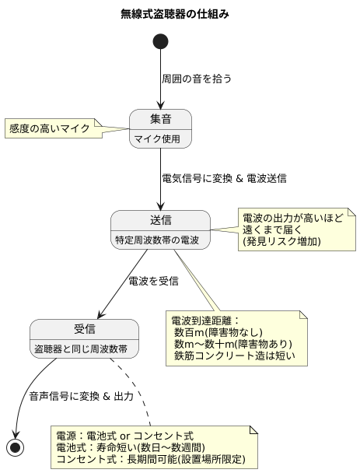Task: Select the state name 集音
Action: (x=160, y=120)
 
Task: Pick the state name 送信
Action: (x=160, y=219)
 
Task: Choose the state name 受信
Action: (x=84, y=329)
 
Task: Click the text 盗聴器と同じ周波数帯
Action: (x=84, y=349)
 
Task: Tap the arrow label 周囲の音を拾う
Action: (x=197, y=79)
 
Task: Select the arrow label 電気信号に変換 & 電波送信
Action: (x=224, y=178)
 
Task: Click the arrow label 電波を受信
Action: (x=154, y=280)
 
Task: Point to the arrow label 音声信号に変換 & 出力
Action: (x=81, y=396)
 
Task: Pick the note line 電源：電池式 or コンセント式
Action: (x=124, y=435)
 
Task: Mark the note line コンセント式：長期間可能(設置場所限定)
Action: (x=151, y=460)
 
